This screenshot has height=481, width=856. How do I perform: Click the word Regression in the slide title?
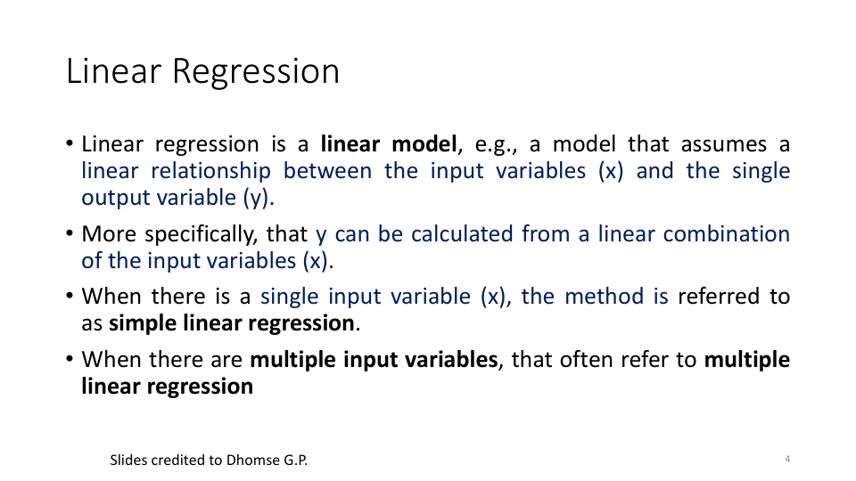coord(256,72)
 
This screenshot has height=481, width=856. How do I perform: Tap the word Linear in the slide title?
coord(113,71)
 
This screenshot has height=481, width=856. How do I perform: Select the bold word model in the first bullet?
coord(424,144)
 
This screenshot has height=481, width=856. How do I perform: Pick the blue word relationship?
coord(210,171)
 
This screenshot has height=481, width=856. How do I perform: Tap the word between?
coord(327,171)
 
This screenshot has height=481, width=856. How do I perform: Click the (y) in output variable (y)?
coord(259,198)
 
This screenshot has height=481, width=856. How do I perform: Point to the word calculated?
coord(462,234)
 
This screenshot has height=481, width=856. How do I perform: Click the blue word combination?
coord(726,234)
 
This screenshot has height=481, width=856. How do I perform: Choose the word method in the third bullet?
coord(604,297)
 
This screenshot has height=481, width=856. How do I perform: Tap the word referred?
coord(719,297)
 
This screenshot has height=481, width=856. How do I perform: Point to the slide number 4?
coord(787,460)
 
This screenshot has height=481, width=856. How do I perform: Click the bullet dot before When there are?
coord(70,359)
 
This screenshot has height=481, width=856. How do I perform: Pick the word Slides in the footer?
coord(128,461)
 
